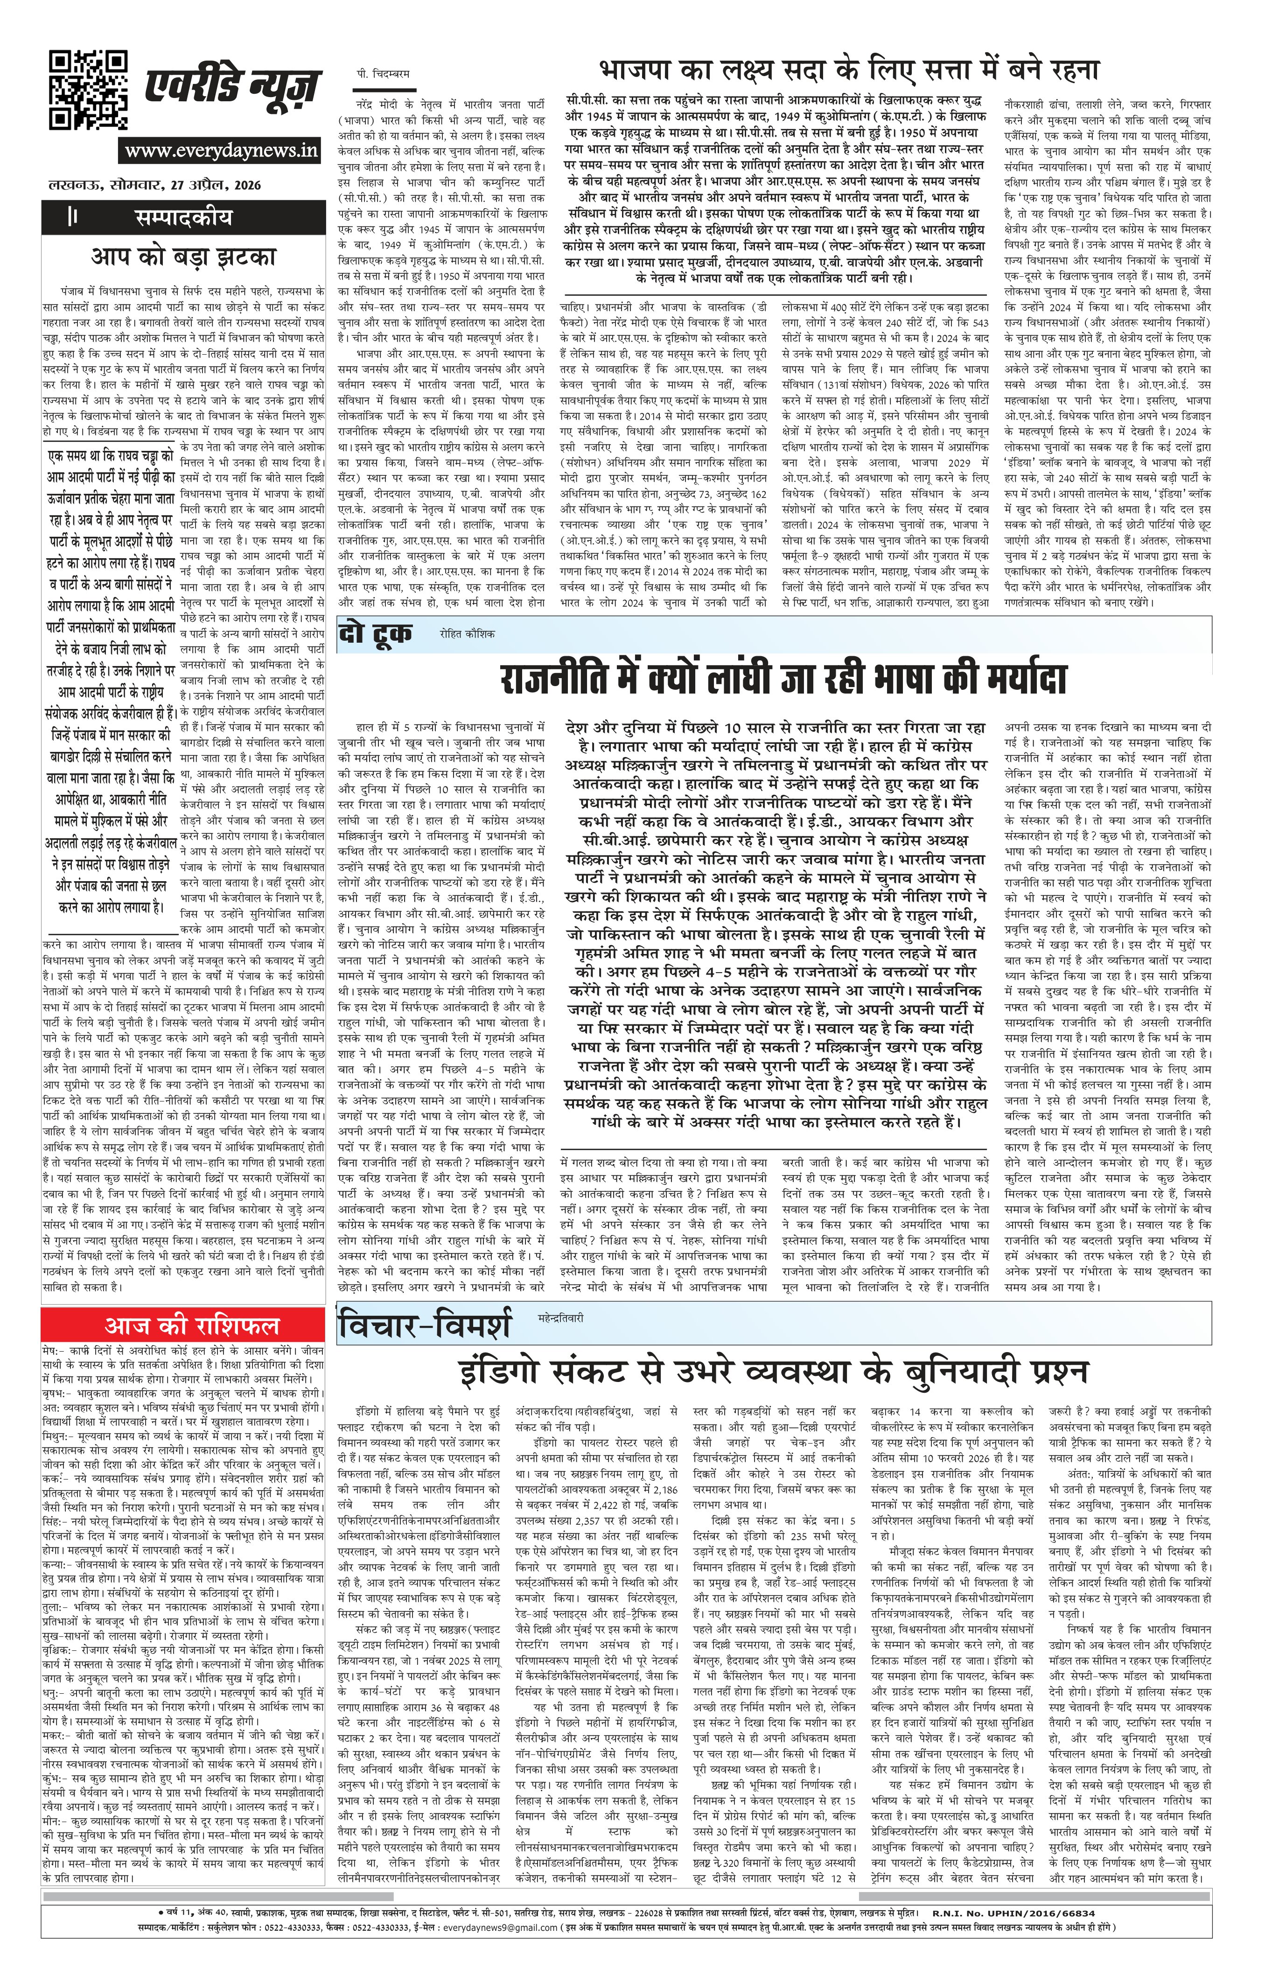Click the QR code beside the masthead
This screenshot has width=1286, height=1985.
point(88,90)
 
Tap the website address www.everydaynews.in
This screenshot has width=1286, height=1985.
point(221,151)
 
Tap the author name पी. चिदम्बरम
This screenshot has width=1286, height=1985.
point(381,74)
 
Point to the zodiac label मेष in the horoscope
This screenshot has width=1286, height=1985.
point(52,1349)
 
